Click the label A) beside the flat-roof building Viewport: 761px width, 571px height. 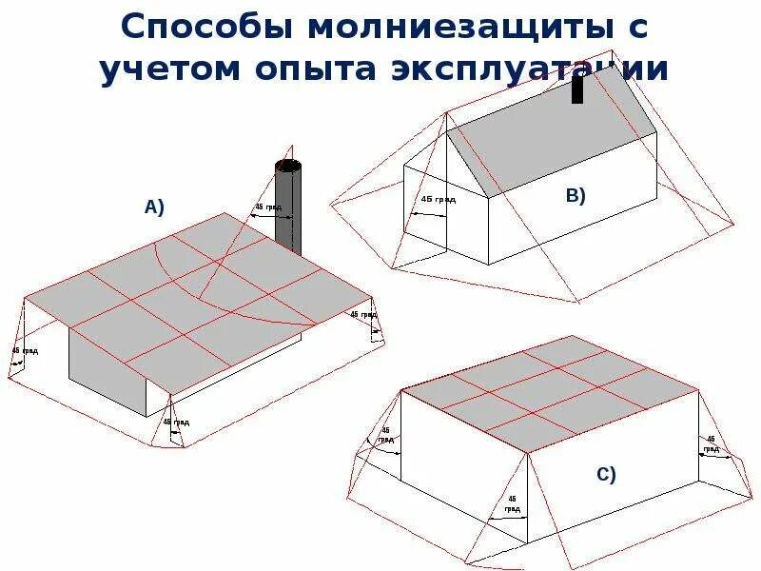click(153, 207)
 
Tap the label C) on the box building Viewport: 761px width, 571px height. click(606, 474)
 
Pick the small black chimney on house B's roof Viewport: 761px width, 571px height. click(577, 89)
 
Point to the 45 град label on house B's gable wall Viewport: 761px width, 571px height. click(438, 200)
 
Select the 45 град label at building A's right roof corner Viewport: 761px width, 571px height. click(363, 314)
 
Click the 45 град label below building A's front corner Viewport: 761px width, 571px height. click(176, 422)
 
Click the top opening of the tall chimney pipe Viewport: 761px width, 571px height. click(287, 166)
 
